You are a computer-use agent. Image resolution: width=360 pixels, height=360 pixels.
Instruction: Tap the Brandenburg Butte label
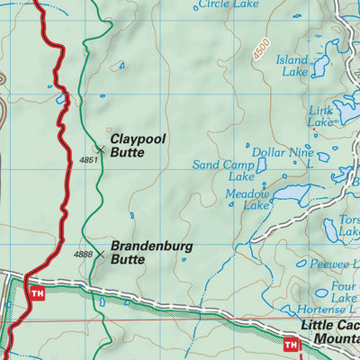point(139,251)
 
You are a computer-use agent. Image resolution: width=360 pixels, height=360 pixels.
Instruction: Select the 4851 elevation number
point(87,159)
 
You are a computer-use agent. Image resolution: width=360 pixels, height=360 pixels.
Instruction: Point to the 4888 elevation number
point(84,255)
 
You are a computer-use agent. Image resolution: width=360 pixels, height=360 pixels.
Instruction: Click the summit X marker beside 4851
point(101,149)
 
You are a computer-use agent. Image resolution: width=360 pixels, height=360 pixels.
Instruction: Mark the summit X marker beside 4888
point(100,255)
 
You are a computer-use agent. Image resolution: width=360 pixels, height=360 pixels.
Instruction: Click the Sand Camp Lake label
point(222,171)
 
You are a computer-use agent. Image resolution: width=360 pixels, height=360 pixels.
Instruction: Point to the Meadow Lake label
point(247,199)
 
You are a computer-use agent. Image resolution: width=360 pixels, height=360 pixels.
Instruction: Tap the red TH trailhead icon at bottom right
point(291,344)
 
